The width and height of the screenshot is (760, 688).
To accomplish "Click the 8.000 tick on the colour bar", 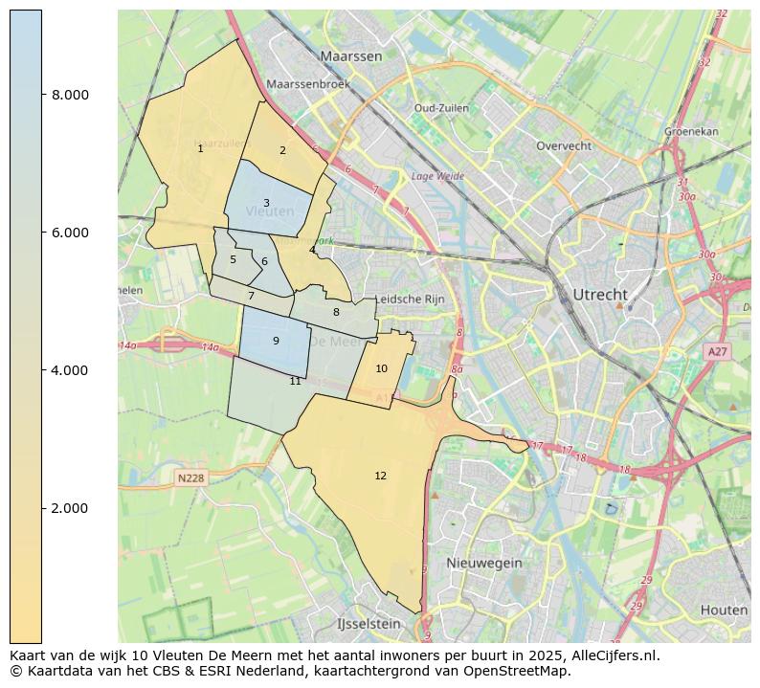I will point(70,95).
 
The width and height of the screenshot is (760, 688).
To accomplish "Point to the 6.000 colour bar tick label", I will point(70,233).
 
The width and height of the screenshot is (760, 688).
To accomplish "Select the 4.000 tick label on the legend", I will point(70,370).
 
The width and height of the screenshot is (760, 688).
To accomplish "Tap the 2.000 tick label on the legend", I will point(70,508).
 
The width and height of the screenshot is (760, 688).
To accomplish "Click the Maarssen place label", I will point(351,56).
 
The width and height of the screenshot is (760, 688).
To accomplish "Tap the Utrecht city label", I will point(599,294).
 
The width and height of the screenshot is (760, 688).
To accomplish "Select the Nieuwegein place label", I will point(484,564).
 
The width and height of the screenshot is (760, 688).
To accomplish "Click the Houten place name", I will point(724,610).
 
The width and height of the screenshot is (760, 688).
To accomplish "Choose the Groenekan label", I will point(691,131).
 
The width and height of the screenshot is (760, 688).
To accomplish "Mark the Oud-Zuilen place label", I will point(440,108).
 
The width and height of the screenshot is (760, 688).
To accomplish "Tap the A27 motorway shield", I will point(717,352).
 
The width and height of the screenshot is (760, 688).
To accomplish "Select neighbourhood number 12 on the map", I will point(381,476).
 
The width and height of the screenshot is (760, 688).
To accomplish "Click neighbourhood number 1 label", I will point(200,148).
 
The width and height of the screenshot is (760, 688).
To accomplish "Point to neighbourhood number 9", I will point(276,341).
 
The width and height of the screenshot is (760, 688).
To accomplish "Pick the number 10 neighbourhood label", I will point(381,368).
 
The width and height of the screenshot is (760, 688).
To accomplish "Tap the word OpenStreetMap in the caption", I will point(521,672).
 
